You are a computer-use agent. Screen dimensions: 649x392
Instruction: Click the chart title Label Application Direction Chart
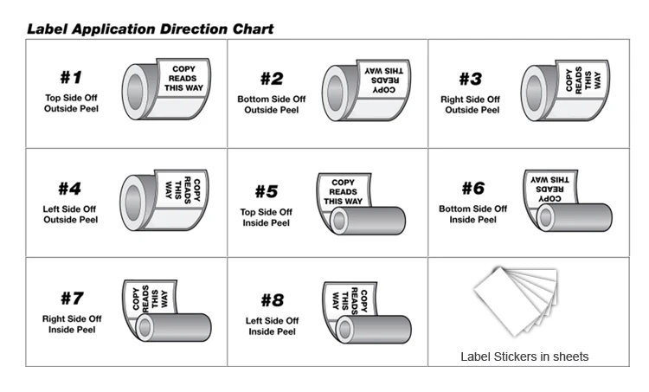point(150,29)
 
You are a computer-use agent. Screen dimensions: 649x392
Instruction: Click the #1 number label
point(71,79)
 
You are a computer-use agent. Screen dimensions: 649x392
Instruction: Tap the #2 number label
point(271,79)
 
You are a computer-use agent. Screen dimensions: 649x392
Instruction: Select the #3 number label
point(469,79)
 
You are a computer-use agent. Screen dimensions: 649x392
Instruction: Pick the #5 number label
point(266,191)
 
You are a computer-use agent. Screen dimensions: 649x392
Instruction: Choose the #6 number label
point(472,188)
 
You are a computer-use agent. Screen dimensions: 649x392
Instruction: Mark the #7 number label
point(72,299)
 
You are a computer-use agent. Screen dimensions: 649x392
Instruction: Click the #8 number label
point(272,300)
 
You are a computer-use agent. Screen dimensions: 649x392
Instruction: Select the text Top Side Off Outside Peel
point(71,103)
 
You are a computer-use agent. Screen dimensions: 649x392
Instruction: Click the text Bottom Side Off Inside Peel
point(472,214)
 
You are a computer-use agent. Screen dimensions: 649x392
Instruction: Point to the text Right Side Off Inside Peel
point(72,325)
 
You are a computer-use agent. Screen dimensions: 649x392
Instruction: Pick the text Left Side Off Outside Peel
point(71,214)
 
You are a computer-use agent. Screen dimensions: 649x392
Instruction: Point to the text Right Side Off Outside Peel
point(472,105)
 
